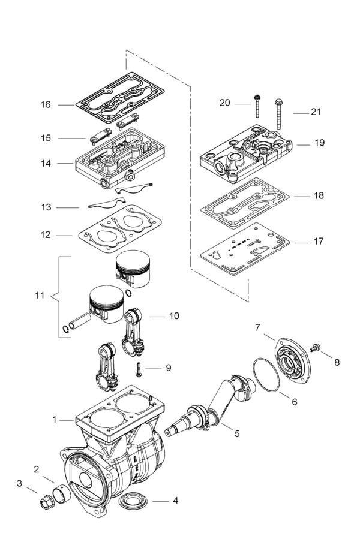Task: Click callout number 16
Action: [x=46, y=104]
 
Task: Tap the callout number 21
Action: [x=316, y=112]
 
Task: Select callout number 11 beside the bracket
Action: [x=40, y=296]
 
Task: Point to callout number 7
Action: [x=257, y=327]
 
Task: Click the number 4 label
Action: [x=175, y=500]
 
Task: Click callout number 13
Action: [x=46, y=207]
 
